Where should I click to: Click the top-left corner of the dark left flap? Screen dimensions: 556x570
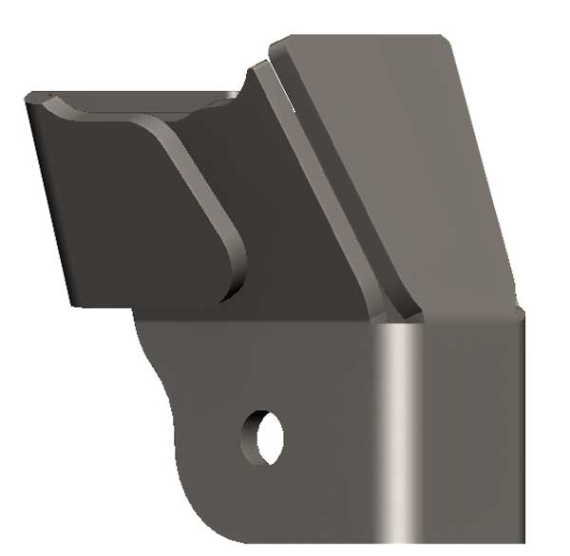click(28, 98)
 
